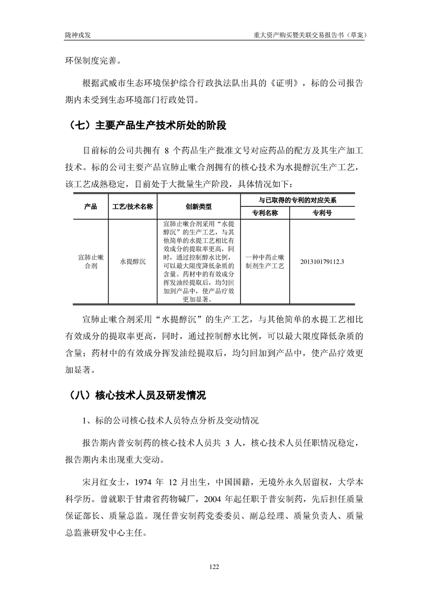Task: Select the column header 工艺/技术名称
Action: pyautogui.click(x=132, y=207)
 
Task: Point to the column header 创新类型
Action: pyautogui.click(x=199, y=207)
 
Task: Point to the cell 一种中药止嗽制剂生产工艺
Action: pyautogui.click(x=264, y=261)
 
